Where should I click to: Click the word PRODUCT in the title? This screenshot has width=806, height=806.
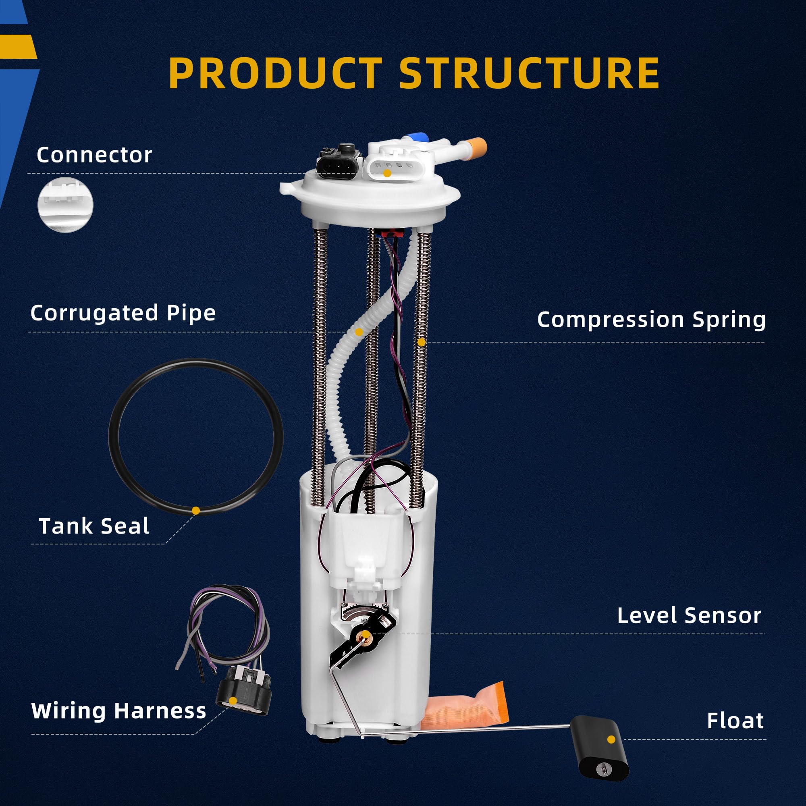(x=275, y=73)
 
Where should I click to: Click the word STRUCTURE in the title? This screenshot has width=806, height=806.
(x=529, y=73)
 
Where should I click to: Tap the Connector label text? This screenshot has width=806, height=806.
(x=94, y=155)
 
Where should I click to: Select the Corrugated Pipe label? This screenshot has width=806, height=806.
(x=123, y=313)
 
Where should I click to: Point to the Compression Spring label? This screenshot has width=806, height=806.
(x=651, y=320)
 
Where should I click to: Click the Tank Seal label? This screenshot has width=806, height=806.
(x=94, y=526)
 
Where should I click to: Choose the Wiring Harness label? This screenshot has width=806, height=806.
(x=119, y=710)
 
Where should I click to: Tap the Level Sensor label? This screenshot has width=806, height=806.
(x=689, y=616)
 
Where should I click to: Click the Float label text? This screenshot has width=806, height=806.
(x=735, y=721)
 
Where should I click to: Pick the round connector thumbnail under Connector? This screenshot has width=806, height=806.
(x=66, y=204)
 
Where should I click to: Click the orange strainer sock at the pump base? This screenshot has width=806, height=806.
(x=467, y=705)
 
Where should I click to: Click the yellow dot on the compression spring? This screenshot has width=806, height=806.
(x=422, y=342)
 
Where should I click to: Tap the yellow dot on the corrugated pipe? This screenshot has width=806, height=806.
(x=358, y=332)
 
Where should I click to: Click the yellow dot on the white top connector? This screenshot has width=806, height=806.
(x=388, y=173)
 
